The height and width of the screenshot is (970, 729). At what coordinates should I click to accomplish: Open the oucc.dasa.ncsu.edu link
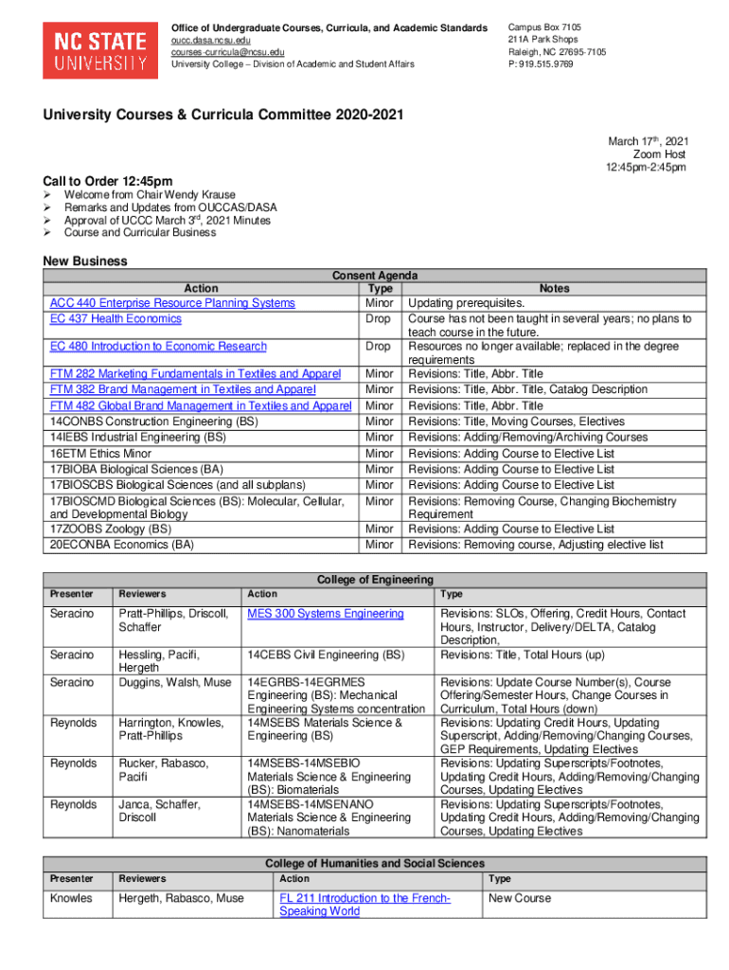coord(210,41)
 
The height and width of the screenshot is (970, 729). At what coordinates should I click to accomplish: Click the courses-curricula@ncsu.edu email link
coord(227,52)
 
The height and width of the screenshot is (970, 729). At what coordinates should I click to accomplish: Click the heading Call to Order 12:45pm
coord(108,181)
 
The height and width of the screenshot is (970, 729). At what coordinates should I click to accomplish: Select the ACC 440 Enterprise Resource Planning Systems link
coord(172,303)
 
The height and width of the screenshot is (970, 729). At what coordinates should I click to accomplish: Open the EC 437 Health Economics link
coord(116,319)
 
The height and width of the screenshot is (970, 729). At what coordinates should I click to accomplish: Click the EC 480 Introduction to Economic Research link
coord(158,347)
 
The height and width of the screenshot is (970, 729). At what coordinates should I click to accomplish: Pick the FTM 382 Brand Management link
coord(183,389)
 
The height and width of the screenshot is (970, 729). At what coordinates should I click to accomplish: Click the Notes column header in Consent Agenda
coord(554,288)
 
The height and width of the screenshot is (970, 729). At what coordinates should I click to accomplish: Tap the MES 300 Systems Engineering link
coord(326,614)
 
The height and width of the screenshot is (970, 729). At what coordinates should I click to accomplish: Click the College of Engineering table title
coord(375,579)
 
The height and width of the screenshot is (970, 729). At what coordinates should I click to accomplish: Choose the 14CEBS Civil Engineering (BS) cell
coord(326,655)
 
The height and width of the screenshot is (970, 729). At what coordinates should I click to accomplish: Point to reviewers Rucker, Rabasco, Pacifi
coord(164,770)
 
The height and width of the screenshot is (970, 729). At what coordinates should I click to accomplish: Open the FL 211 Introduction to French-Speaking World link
coord(364,905)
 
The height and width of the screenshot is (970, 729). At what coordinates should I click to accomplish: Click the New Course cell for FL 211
coord(518,898)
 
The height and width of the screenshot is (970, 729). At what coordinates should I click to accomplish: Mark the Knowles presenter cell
coord(73,898)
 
